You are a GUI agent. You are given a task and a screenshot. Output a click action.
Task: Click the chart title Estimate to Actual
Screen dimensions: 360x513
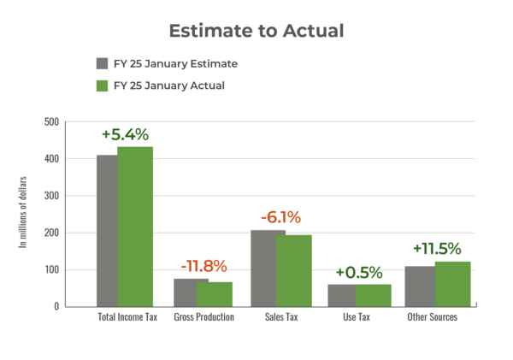(256, 31)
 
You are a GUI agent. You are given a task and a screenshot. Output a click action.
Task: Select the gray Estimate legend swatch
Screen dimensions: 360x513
(102, 64)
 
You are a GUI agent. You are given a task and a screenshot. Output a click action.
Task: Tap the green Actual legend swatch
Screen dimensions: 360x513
(102, 86)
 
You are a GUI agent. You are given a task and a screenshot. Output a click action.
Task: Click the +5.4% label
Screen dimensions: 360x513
(125, 134)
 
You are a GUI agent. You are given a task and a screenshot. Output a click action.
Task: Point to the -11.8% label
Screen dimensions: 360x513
(203, 265)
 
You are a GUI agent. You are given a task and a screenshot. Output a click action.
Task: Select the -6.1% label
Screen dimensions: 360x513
(280, 217)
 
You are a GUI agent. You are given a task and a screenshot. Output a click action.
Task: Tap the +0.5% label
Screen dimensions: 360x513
(359, 272)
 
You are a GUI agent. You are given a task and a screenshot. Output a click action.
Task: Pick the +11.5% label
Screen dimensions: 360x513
(437, 249)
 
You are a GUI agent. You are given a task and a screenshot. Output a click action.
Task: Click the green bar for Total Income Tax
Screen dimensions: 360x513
(135, 227)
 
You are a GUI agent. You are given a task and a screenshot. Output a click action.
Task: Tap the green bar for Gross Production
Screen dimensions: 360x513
(215, 293)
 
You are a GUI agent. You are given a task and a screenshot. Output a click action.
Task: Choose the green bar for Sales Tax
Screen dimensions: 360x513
(293, 270)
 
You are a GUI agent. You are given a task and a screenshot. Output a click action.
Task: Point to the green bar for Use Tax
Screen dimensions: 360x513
(374, 294)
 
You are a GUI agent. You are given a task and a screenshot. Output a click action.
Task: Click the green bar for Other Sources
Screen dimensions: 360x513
(453, 283)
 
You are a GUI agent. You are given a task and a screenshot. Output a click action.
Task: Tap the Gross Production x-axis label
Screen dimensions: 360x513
(203, 317)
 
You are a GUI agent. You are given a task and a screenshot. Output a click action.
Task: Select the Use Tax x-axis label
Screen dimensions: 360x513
(359, 317)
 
